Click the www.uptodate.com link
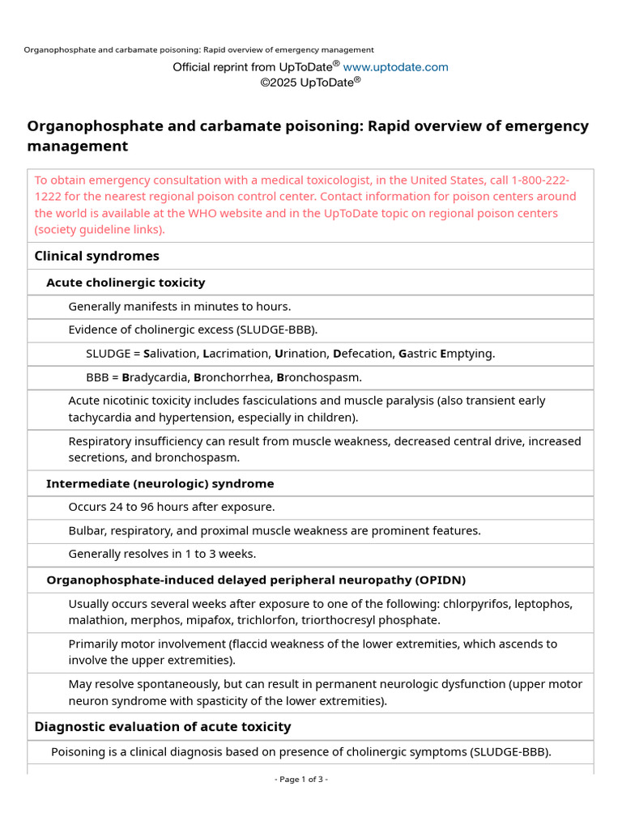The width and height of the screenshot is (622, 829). coord(395,67)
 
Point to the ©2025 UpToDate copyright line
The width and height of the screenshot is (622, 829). coord(310,82)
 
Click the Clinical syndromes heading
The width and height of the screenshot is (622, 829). coord(96,256)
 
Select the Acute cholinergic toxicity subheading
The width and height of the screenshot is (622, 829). coord(126,283)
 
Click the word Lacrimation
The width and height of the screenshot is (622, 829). coord(236,354)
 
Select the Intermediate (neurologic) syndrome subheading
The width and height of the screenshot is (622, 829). coord(160,483)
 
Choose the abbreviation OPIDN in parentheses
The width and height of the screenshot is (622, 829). coord(440,580)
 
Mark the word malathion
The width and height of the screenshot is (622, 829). coord(95,620)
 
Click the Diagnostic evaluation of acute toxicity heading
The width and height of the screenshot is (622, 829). coord(162,727)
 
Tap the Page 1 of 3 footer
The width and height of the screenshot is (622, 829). coord(301,780)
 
